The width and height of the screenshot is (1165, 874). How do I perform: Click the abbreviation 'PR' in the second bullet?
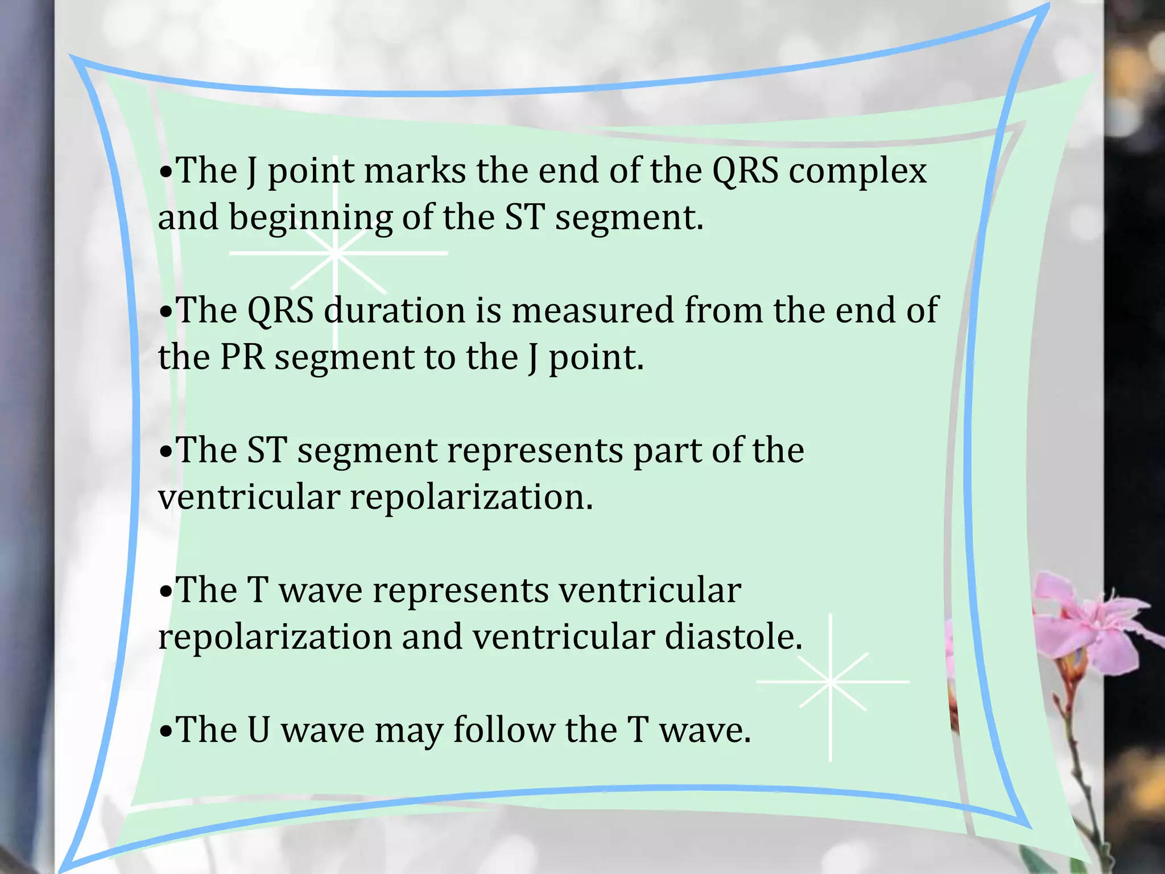(242, 357)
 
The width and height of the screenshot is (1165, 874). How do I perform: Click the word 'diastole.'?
(733, 637)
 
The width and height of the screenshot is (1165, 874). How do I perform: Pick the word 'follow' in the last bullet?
(503, 730)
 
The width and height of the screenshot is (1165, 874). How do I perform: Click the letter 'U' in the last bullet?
(259, 730)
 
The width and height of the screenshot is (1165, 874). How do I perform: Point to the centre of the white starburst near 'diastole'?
(831, 681)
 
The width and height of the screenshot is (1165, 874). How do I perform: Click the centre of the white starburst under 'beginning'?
(336, 253)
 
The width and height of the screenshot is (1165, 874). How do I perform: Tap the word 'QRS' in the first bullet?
(745, 171)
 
